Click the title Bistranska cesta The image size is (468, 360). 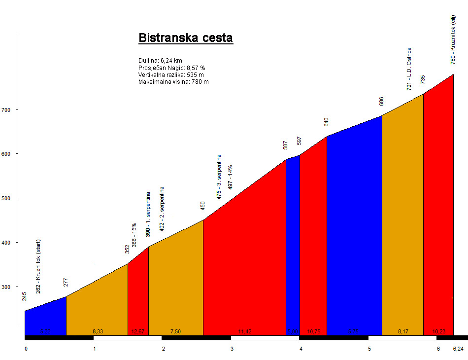coord(185,38)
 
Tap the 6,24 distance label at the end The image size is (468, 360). coord(458,349)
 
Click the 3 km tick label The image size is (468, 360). coord(232,349)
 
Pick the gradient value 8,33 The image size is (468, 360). coord(98,331)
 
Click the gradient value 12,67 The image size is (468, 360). coord(138,331)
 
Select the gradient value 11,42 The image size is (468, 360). coord(245,331)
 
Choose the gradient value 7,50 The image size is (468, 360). coord(176,331)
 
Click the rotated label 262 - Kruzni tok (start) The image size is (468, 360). coord(38,267)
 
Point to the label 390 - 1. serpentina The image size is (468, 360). coord(148,215)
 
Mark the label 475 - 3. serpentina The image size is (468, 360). coord(219,177)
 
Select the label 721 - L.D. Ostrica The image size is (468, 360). coord(409,69)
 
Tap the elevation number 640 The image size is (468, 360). coord(326,122)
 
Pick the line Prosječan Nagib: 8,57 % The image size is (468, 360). coord(171,68)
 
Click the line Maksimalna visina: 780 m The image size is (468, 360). coord(173,82)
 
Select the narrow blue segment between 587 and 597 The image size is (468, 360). coord(293,247)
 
